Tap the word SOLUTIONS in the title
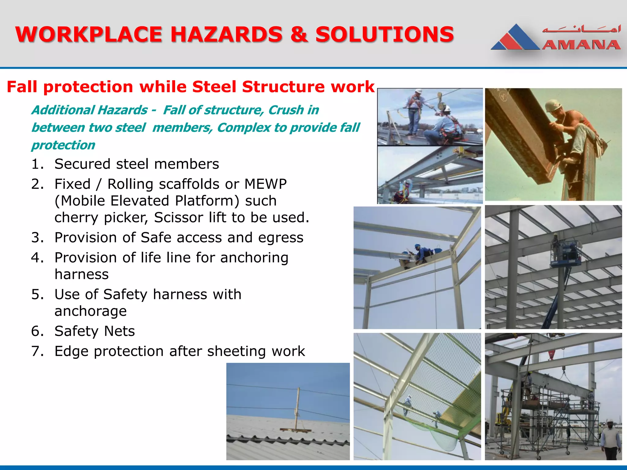pyautogui.click(x=385, y=34)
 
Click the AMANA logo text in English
pyautogui.click(x=581, y=45)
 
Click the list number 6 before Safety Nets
pyautogui.click(x=37, y=331)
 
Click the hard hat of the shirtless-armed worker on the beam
pyautogui.click(x=554, y=106)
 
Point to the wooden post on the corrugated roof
pyautogui.click(x=297, y=408)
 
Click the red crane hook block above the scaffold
pyautogui.click(x=551, y=355)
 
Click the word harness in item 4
pyautogui.click(x=81, y=274)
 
